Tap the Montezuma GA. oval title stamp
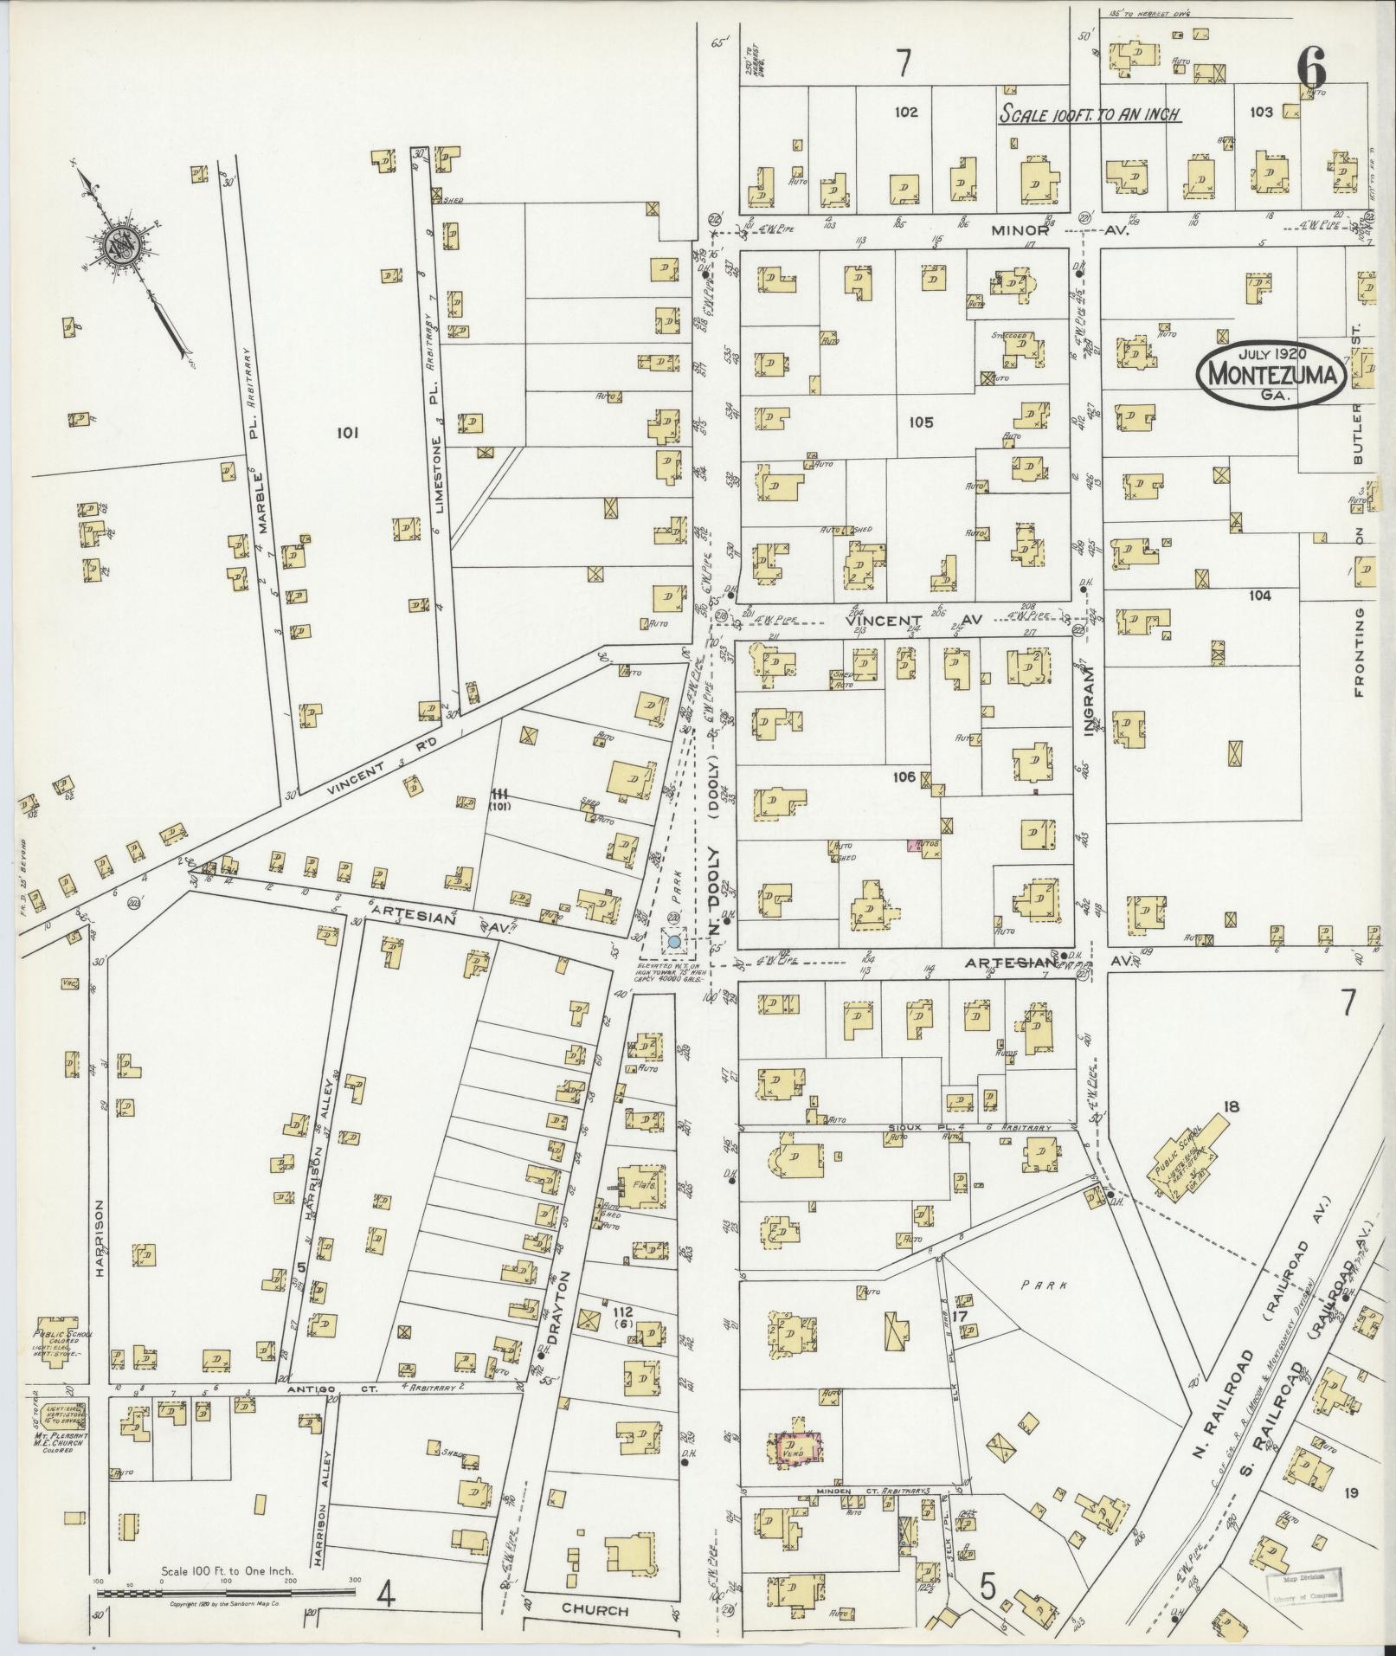point(1270,375)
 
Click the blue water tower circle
point(673,940)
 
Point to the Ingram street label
point(1090,700)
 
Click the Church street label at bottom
point(594,1610)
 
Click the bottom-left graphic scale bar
point(226,1591)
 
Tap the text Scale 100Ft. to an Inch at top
point(1090,113)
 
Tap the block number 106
point(904,776)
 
